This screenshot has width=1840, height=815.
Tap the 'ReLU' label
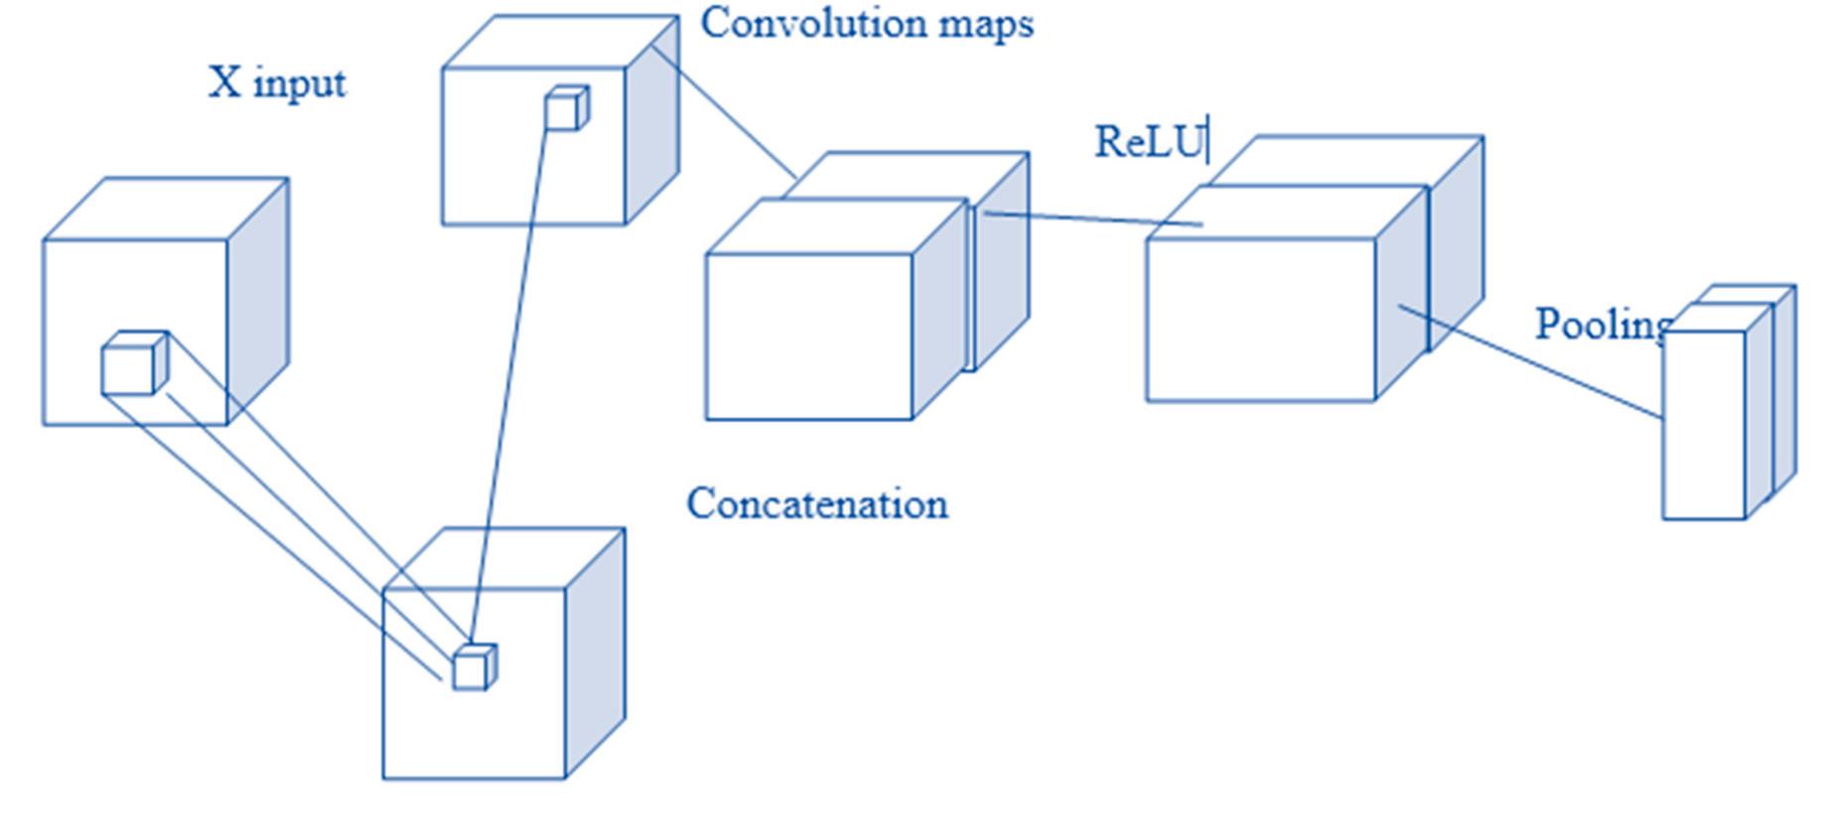pos(1148,142)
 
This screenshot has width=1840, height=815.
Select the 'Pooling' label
pos(1601,325)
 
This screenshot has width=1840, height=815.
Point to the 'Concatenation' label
pos(816,504)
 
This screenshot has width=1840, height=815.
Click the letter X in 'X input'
pos(224,82)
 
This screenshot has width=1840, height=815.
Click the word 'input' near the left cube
pos(299,84)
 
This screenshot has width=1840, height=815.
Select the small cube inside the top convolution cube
pos(562,112)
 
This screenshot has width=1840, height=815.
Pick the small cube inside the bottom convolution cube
pos(470,670)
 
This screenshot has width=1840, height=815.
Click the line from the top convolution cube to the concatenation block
pos(724,111)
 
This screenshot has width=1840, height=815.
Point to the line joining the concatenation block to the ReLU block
pos(1092,218)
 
